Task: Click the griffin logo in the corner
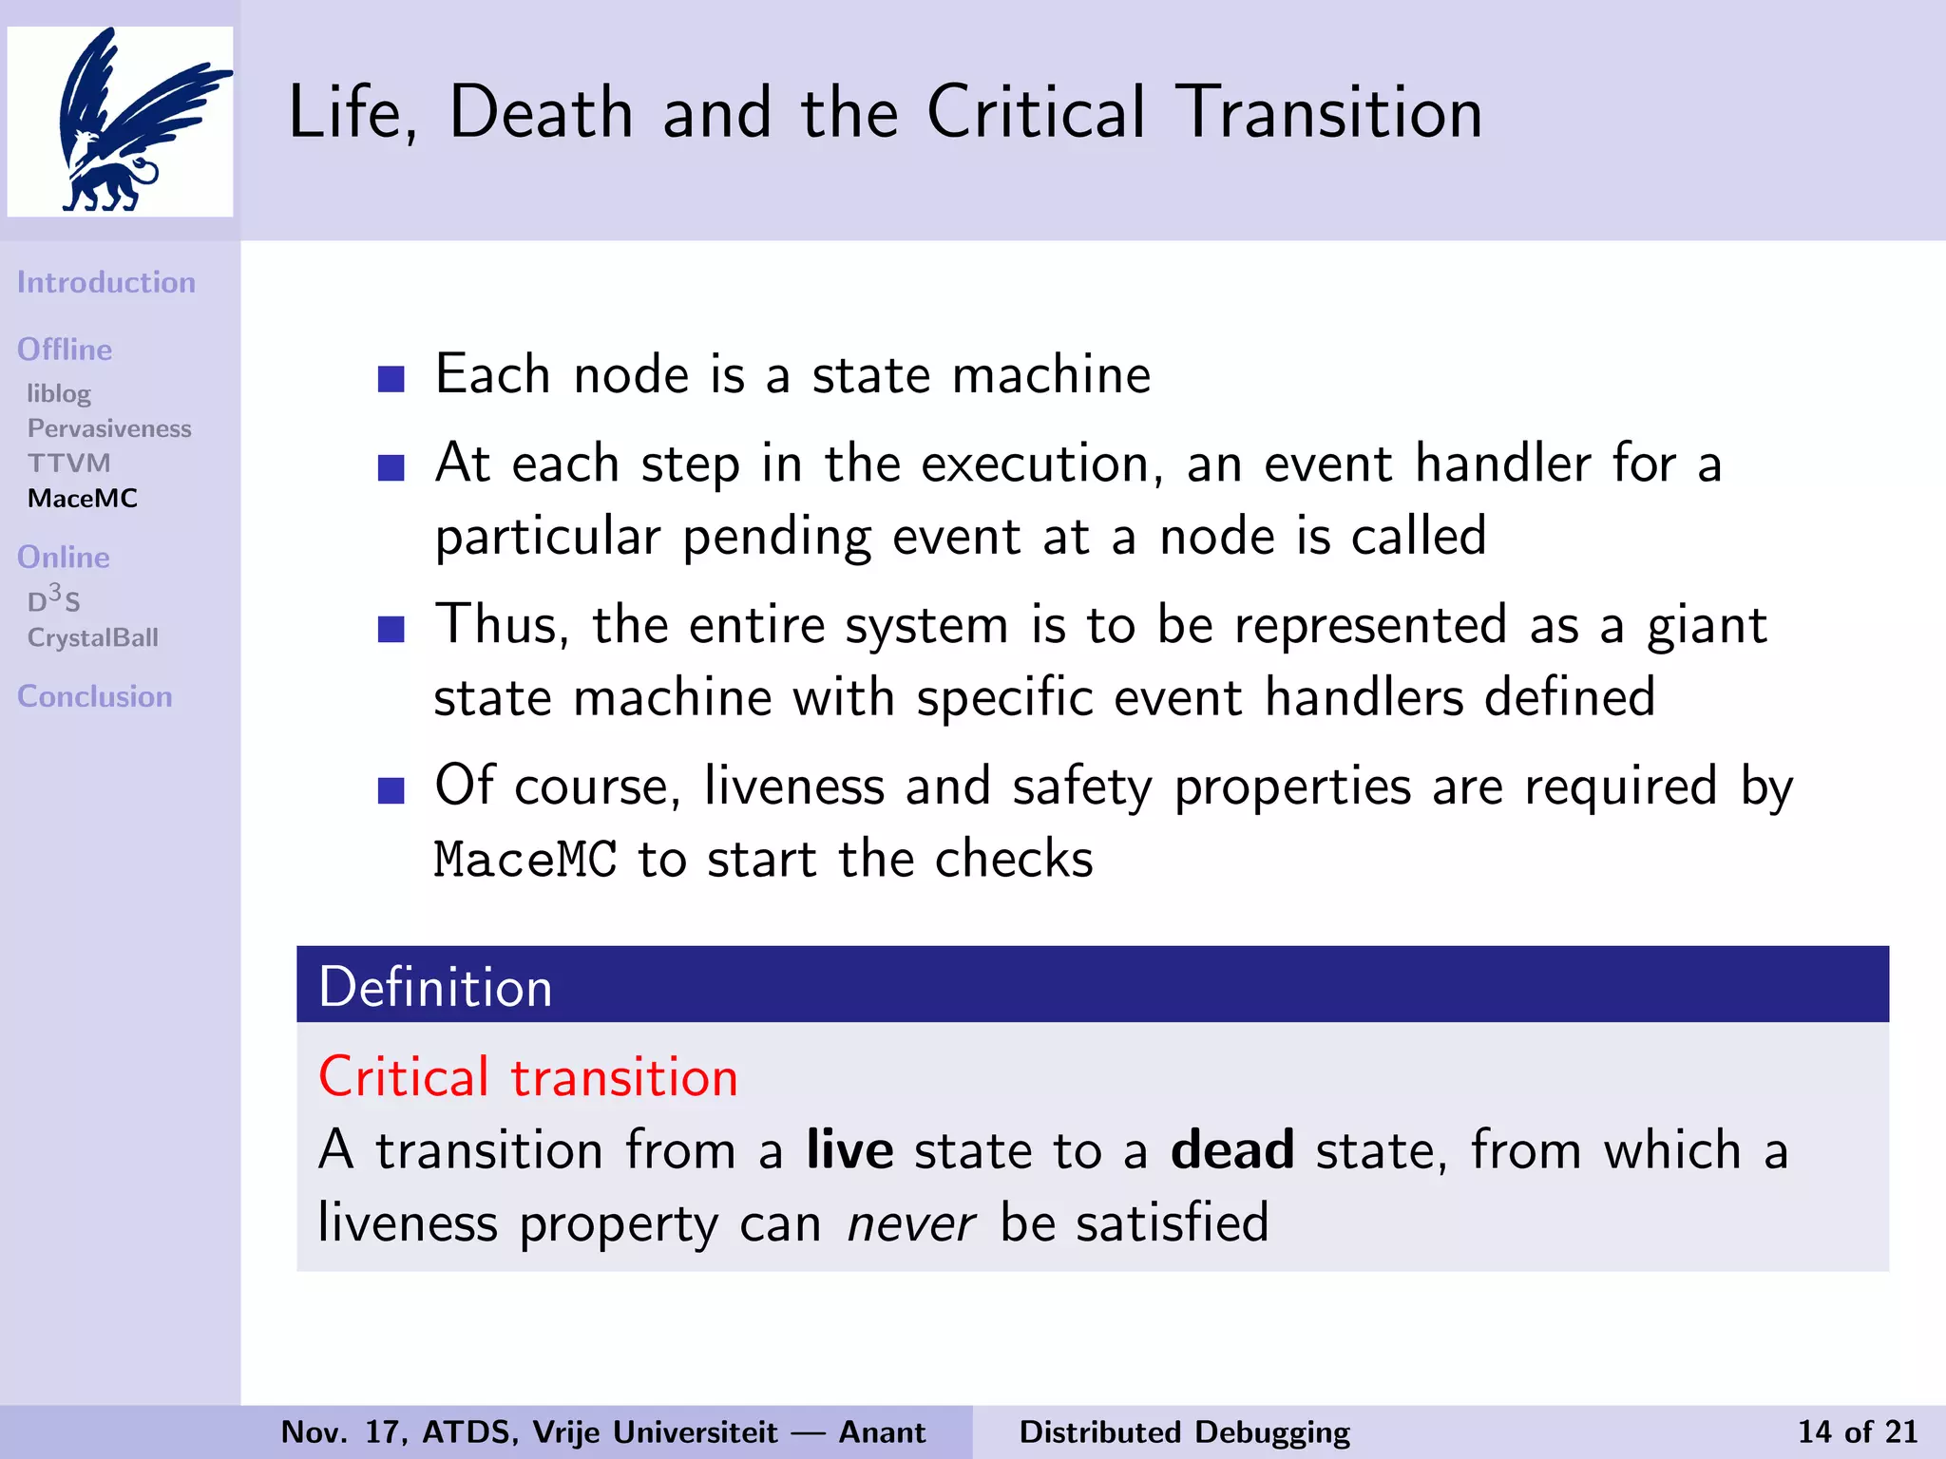(120, 122)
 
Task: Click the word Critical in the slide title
(1036, 113)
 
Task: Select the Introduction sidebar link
(106, 282)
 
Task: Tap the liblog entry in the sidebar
(59, 393)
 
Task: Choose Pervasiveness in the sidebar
(109, 428)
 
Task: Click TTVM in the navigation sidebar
(69, 464)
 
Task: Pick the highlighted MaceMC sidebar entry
(83, 499)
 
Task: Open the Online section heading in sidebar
(64, 557)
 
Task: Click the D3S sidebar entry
(53, 600)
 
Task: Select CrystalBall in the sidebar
(93, 637)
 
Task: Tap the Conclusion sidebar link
(95, 696)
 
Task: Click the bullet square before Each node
(391, 379)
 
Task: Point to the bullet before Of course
(391, 790)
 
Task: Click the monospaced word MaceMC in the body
(525, 860)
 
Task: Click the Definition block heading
(435, 987)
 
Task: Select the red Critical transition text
(528, 1077)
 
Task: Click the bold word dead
(1231, 1150)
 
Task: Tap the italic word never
(910, 1222)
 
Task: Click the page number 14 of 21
(1857, 1431)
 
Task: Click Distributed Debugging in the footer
(1184, 1431)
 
